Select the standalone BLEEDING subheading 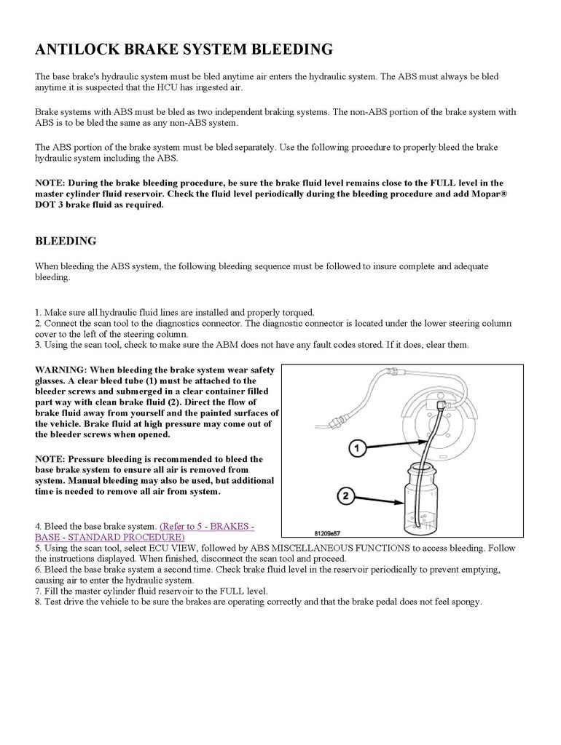click(66, 241)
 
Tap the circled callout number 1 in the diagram click(356, 449)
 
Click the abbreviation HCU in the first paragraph click(197, 88)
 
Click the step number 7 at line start click(38, 591)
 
